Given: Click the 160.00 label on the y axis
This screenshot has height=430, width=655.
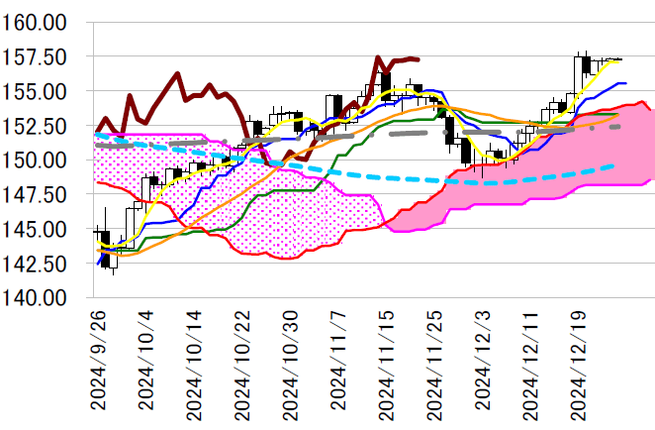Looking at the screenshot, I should tap(41, 22).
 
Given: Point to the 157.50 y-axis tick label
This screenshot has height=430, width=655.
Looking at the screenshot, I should tap(41, 56).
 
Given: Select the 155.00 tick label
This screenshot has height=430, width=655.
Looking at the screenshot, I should tap(41, 91).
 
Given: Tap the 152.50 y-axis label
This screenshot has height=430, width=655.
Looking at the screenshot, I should tap(41, 126).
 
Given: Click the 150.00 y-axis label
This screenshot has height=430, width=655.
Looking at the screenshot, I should tap(41, 160).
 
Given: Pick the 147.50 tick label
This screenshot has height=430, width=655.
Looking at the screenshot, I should tap(41, 194).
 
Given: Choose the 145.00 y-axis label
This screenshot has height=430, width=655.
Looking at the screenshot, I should tap(41, 229).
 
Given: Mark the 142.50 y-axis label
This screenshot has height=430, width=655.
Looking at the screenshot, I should tap(41, 264).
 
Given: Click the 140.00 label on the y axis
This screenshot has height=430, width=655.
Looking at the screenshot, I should tap(41, 297).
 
